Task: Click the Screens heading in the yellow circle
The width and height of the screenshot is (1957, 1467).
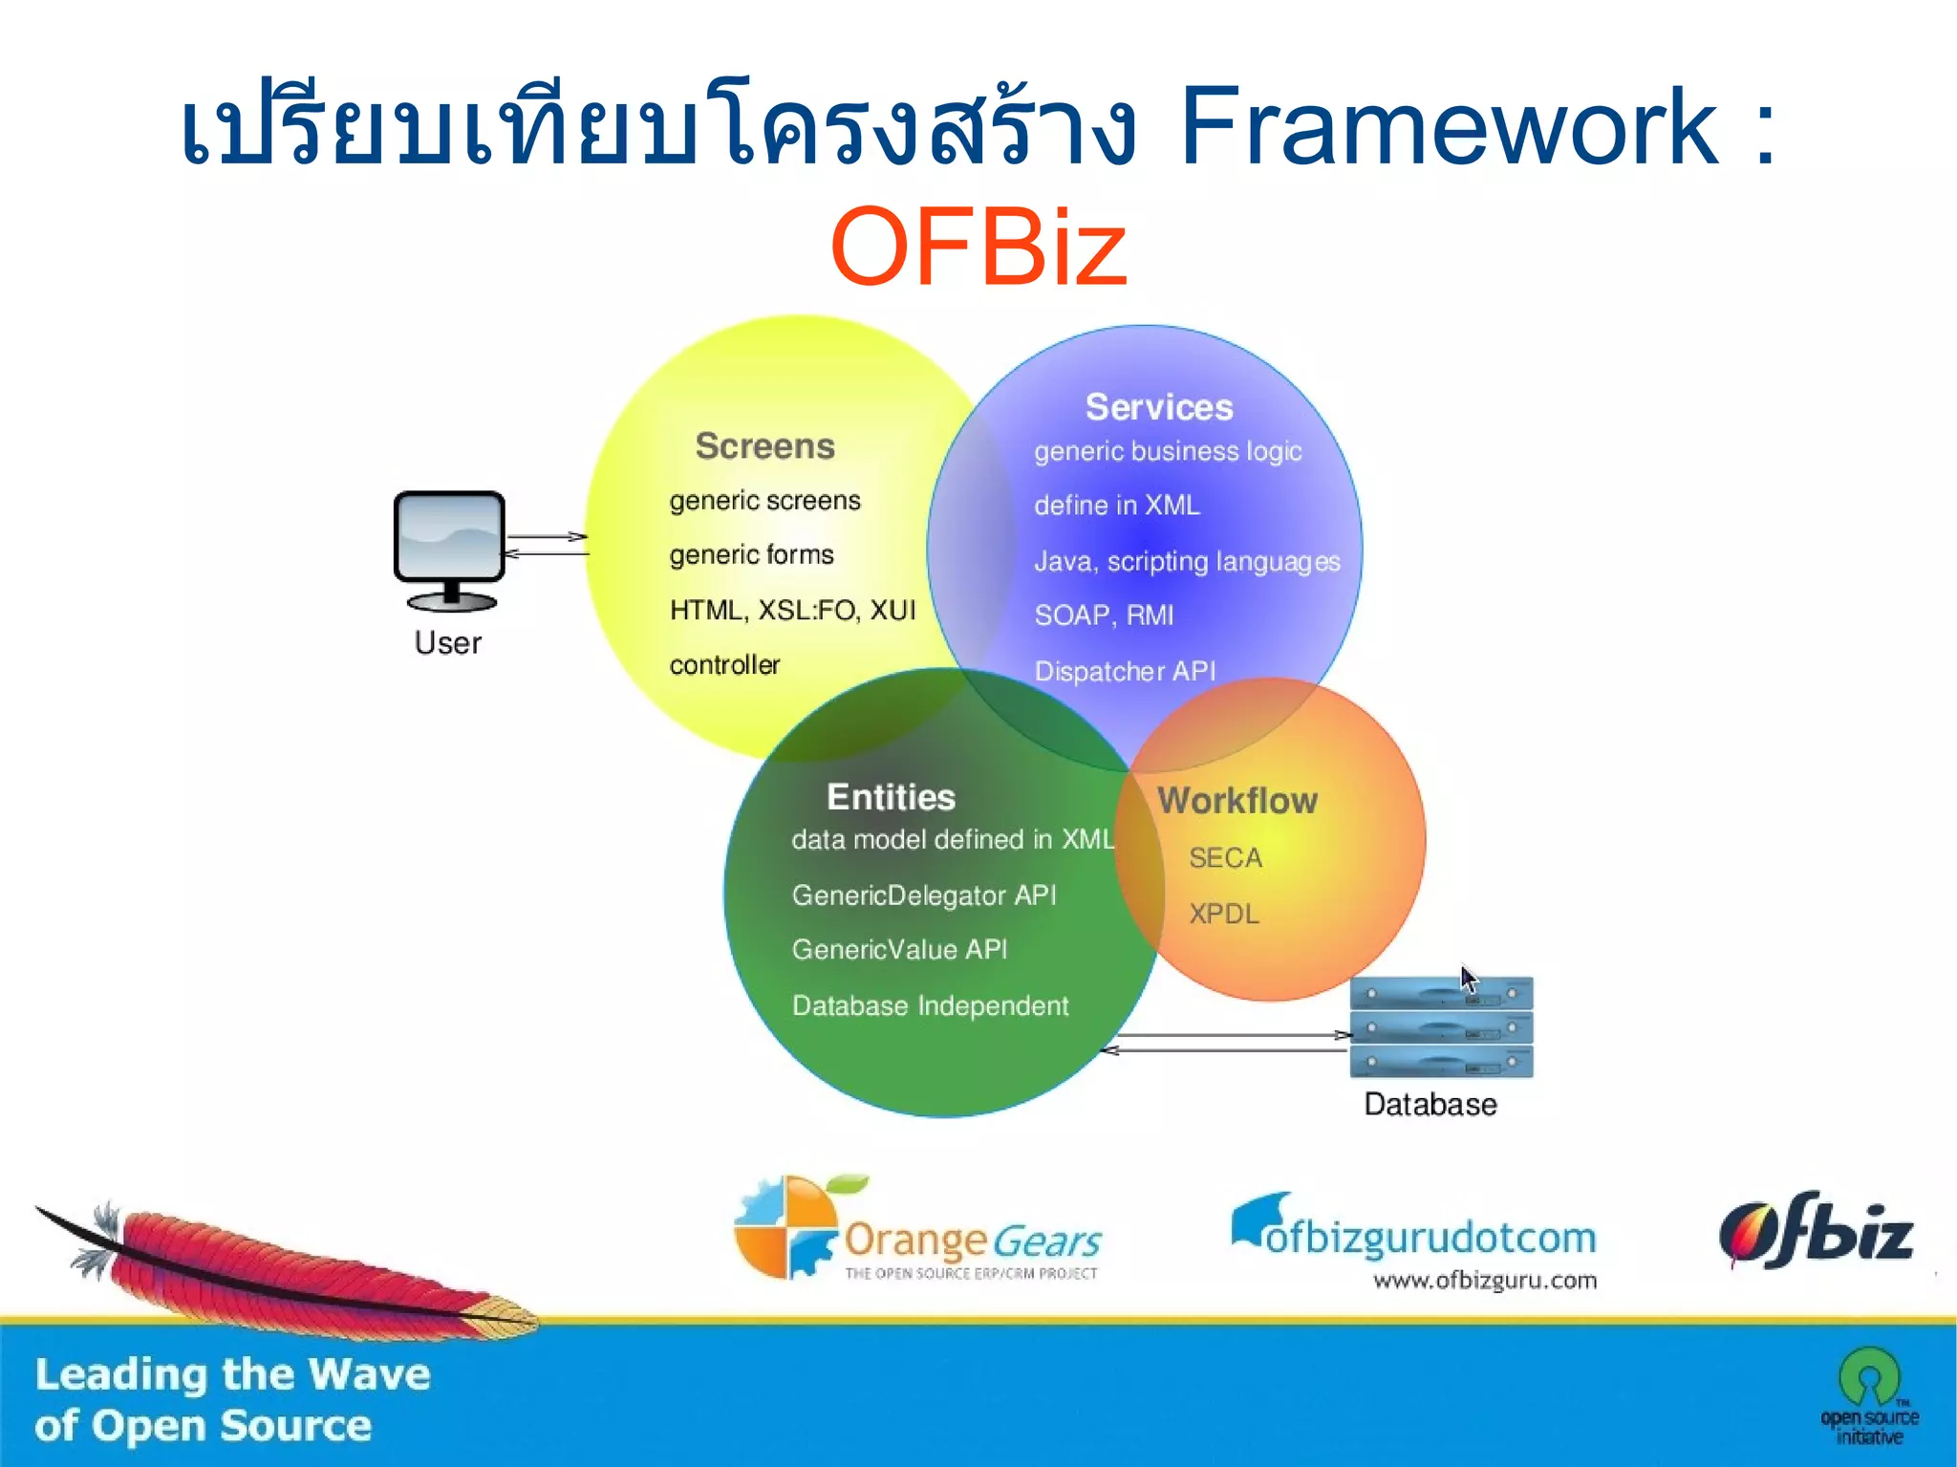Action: coord(764,446)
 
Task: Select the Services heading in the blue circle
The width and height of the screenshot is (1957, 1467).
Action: coord(1158,407)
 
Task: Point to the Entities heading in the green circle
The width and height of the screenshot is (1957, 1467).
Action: coord(891,797)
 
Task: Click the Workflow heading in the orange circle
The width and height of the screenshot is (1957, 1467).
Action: coord(1237,801)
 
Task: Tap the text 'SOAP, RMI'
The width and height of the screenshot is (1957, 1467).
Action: coord(1104,615)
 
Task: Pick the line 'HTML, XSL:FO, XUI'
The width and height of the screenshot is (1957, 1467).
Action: coord(792,610)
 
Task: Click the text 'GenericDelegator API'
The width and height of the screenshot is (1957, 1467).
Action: coord(923,895)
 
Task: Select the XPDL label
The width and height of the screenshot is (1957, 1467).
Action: coord(1223,914)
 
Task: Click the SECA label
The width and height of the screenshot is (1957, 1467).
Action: coord(1225,858)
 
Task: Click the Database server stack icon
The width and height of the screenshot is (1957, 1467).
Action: coord(1440,1028)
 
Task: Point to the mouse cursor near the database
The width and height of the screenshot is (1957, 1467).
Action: coord(1467,978)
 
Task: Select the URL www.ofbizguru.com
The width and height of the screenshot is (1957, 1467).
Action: coord(1484,1281)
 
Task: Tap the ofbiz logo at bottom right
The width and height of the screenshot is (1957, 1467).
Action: coord(1815,1231)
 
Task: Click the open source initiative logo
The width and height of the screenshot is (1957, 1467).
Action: coord(1868,1396)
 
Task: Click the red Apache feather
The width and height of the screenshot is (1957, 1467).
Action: coord(287,1266)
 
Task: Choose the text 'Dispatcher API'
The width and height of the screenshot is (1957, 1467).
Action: coord(1125,671)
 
